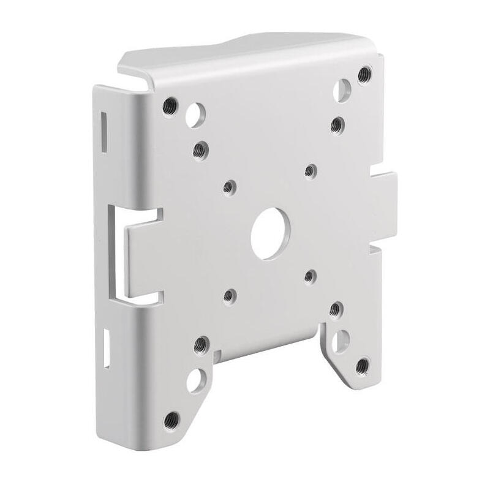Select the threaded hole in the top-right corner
366,73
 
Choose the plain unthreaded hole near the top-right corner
342,90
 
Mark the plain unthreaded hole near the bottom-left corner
196,380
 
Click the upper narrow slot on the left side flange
102,125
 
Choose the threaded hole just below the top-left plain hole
198,148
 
